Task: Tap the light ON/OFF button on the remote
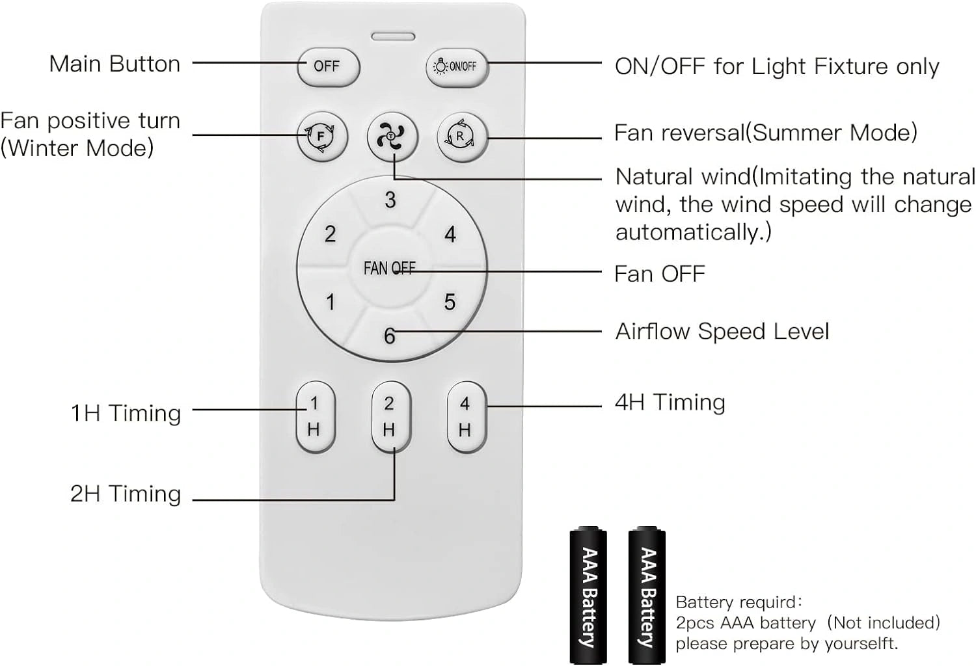455,66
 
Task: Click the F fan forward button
321,137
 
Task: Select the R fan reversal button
461,137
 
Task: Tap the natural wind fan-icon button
391,137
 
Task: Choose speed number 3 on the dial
390,200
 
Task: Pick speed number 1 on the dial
331,302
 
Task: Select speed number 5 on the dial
450,302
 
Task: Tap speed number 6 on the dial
390,336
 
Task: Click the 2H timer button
390,416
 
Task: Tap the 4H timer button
466,416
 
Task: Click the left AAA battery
588,596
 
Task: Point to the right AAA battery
647,596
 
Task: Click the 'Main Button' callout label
115,64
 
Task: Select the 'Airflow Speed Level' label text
722,332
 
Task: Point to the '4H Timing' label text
670,403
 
